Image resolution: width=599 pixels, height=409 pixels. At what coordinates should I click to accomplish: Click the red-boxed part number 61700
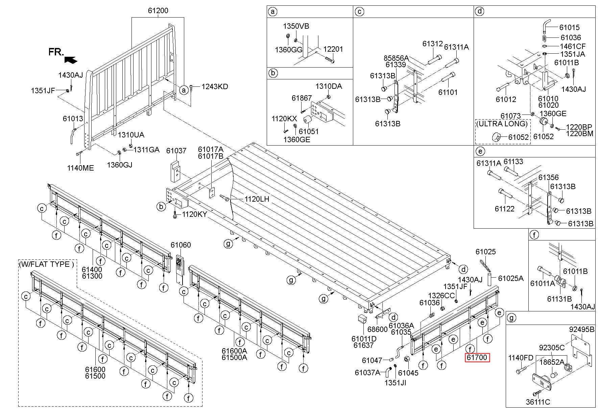click(x=477, y=357)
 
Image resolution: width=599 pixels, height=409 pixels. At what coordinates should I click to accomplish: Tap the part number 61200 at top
click(x=158, y=10)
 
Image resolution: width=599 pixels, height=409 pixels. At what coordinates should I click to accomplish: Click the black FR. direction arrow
click(x=70, y=59)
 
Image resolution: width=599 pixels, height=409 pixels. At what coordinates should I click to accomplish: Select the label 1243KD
click(x=215, y=86)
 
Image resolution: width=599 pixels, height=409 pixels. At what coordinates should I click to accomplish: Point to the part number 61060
click(x=181, y=245)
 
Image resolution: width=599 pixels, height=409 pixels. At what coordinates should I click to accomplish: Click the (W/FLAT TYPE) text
click(x=46, y=264)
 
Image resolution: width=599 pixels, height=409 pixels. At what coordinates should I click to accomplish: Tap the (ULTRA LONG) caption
click(x=502, y=124)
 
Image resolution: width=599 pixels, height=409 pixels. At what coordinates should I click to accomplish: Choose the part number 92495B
click(x=581, y=329)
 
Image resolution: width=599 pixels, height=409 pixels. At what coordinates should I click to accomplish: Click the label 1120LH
click(x=257, y=199)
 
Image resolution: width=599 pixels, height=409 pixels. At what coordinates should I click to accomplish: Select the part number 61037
click(x=176, y=151)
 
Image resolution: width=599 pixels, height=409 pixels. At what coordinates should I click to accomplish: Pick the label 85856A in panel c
click(x=396, y=58)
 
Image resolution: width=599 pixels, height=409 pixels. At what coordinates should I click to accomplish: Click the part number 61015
click(x=569, y=27)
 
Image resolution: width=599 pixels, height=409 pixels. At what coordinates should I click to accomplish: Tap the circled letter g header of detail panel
click(x=512, y=318)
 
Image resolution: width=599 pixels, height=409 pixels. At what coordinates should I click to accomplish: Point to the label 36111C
click(x=538, y=402)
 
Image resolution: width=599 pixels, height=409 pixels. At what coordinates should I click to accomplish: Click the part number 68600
click(x=377, y=329)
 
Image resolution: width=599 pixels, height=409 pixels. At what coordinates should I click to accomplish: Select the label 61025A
click(x=511, y=278)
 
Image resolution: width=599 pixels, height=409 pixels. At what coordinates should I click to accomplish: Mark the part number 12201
click(x=333, y=49)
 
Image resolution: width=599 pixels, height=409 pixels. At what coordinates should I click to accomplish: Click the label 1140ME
click(x=80, y=168)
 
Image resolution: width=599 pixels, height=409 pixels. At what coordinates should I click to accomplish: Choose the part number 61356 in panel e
click(x=549, y=177)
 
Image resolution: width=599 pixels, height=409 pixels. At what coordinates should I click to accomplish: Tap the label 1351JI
click(x=395, y=383)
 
